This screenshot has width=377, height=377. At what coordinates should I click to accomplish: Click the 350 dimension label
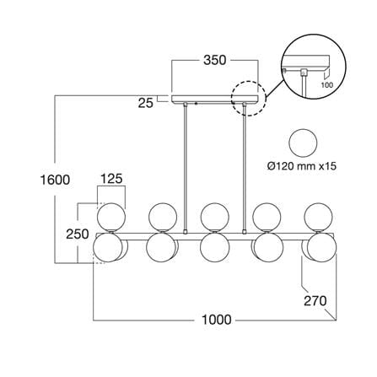click(x=215, y=60)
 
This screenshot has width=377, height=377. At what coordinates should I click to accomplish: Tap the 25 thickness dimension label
click(x=146, y=103)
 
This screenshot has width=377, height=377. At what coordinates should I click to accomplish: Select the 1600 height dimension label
click(x=55, y=180)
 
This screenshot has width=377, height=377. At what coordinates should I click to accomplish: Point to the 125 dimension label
click(x=111, y=179)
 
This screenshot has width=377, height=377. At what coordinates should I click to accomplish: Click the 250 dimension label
click(x=78, y=234)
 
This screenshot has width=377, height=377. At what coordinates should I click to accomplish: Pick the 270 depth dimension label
click(x=315, y=301)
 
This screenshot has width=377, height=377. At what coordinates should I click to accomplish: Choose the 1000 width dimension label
click(x=217, y=320)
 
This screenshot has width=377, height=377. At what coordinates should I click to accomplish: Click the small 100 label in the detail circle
click(x=326, y=84)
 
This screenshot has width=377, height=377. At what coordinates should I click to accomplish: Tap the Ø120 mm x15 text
click(x=302, y=166)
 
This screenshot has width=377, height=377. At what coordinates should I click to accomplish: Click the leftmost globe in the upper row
click(x=111, y=217)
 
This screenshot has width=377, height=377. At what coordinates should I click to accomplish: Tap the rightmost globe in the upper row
click(x=319, y=217)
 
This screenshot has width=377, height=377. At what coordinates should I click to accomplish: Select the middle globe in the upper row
click(x=215, y=217)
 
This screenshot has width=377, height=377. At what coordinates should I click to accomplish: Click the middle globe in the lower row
click(x=215, y=247)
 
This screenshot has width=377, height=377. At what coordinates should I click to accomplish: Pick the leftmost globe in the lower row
click(x=108, y=247)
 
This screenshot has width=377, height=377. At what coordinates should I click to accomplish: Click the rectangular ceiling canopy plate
click(x=215, y=99)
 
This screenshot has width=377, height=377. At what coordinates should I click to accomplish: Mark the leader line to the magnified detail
click(x=275, y=88)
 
